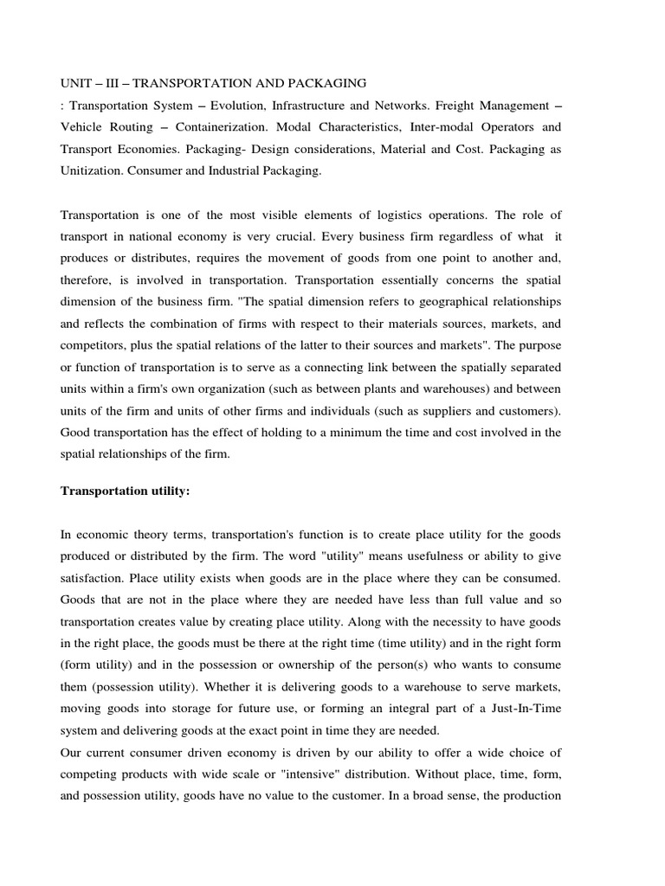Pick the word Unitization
(91, 171)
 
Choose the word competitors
(97, 345)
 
